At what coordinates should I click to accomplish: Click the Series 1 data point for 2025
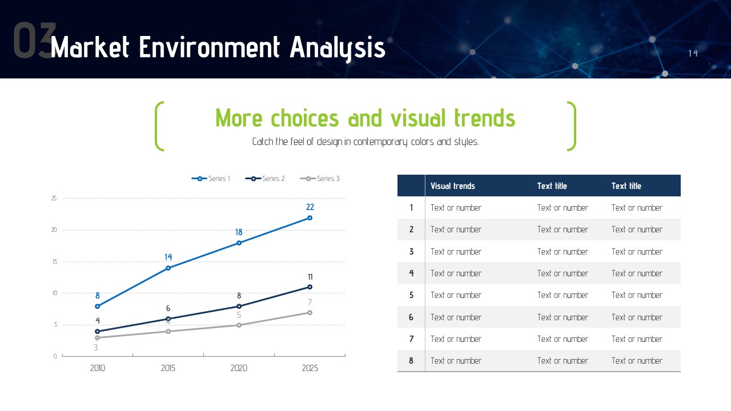(310, 218)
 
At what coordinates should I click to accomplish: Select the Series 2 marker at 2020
(239, 307)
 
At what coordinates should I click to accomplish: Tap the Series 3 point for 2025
(310, 312)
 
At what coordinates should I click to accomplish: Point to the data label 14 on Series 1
(168, 257)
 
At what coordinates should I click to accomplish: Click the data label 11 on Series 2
(310, 277)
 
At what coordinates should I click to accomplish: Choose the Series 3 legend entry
(320, 179)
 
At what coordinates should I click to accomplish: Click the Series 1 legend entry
(211, 179)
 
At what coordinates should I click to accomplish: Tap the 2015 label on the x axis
(168, 368)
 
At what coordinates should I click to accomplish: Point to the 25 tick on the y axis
(54, 198)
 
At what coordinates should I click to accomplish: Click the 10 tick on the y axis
(54, 293)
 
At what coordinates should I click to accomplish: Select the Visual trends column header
(453, 186)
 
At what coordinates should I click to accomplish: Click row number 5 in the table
(411, 295)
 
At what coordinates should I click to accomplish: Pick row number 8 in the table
(411, 361)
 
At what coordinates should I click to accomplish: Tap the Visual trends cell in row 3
(456, 252)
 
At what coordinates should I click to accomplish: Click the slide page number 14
(693, 53)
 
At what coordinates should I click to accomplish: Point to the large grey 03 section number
(34, 40)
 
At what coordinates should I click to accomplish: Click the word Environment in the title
(209, 47)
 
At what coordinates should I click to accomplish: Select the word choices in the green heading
(305, 118)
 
